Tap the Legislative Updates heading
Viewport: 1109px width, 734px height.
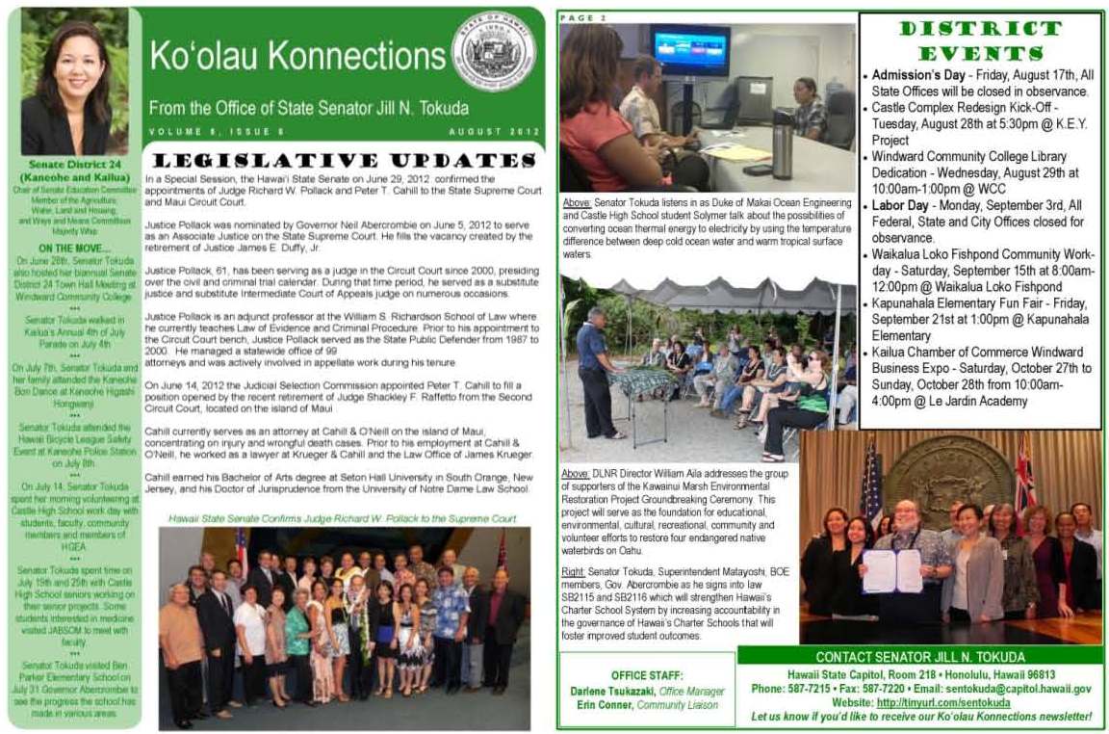point(343,160)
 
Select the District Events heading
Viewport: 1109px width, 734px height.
point(980,40)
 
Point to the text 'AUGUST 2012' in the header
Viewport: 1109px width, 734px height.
point(494,131)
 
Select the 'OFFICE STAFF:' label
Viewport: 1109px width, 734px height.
point(647,675)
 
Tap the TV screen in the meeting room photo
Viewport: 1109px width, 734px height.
point(689,50)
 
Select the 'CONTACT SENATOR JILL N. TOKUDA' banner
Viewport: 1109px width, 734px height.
point(918,656)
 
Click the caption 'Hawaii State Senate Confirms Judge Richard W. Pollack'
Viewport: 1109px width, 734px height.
point(342,518)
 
